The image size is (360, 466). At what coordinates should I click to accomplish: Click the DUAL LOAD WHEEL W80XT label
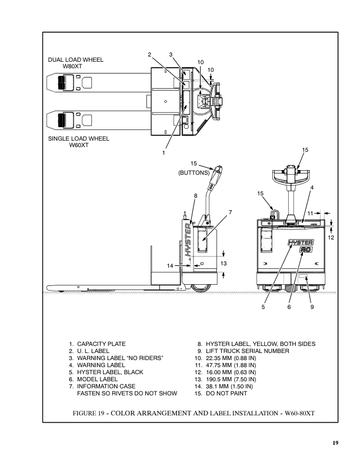pyautogui.click(x=76, y=63)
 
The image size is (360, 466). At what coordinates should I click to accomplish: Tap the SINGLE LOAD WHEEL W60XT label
pyautogui.click(x=79, y=142)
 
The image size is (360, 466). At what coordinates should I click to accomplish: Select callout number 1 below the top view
pyautogui.click(x=164, y=153)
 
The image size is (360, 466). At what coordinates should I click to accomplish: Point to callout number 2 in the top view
pyautogui.click(x=149, y=54)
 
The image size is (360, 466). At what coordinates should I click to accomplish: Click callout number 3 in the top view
pyautogui.click(x=171, y=54)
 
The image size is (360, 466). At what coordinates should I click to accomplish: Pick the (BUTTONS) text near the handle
pyautogui.click(x=194, y=172)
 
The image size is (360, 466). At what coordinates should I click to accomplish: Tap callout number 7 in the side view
pyautogui.click(x=230, y=212)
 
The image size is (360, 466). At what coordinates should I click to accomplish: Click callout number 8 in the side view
pyautogui.click(x=195, y=196)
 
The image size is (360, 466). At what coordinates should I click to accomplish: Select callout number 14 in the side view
pyautogui.click(x=170, y=265)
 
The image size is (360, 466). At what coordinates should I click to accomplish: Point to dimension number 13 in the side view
pyautogui.click(x=224, y=264)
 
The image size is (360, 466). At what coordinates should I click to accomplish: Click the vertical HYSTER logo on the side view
pyautogui.click(x=188, y=240)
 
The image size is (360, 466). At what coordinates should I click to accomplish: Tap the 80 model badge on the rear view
pyautogui.click(x=306, y=249)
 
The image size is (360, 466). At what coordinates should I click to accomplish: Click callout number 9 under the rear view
pyautogui.click(x=312, y=307)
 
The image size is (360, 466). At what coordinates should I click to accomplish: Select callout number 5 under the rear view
pyautogui.click(x=263, y=307)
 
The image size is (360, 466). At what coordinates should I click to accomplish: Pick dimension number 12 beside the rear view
pyautogui.click(x=331, y=237)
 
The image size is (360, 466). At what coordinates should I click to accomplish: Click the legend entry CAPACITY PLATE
pyautogui.click(x=101, y=344)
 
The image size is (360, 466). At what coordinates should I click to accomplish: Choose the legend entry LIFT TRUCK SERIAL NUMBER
pyautogui.click(x=248, y=351)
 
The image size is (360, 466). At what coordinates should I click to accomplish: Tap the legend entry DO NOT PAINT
pyautogui.click(x=226, y=394)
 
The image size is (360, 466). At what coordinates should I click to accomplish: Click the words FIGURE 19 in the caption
pyautogui.click(x=88, y=413)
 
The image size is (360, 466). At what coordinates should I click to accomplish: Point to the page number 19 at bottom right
pyautogui.click(x=335, y=443)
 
